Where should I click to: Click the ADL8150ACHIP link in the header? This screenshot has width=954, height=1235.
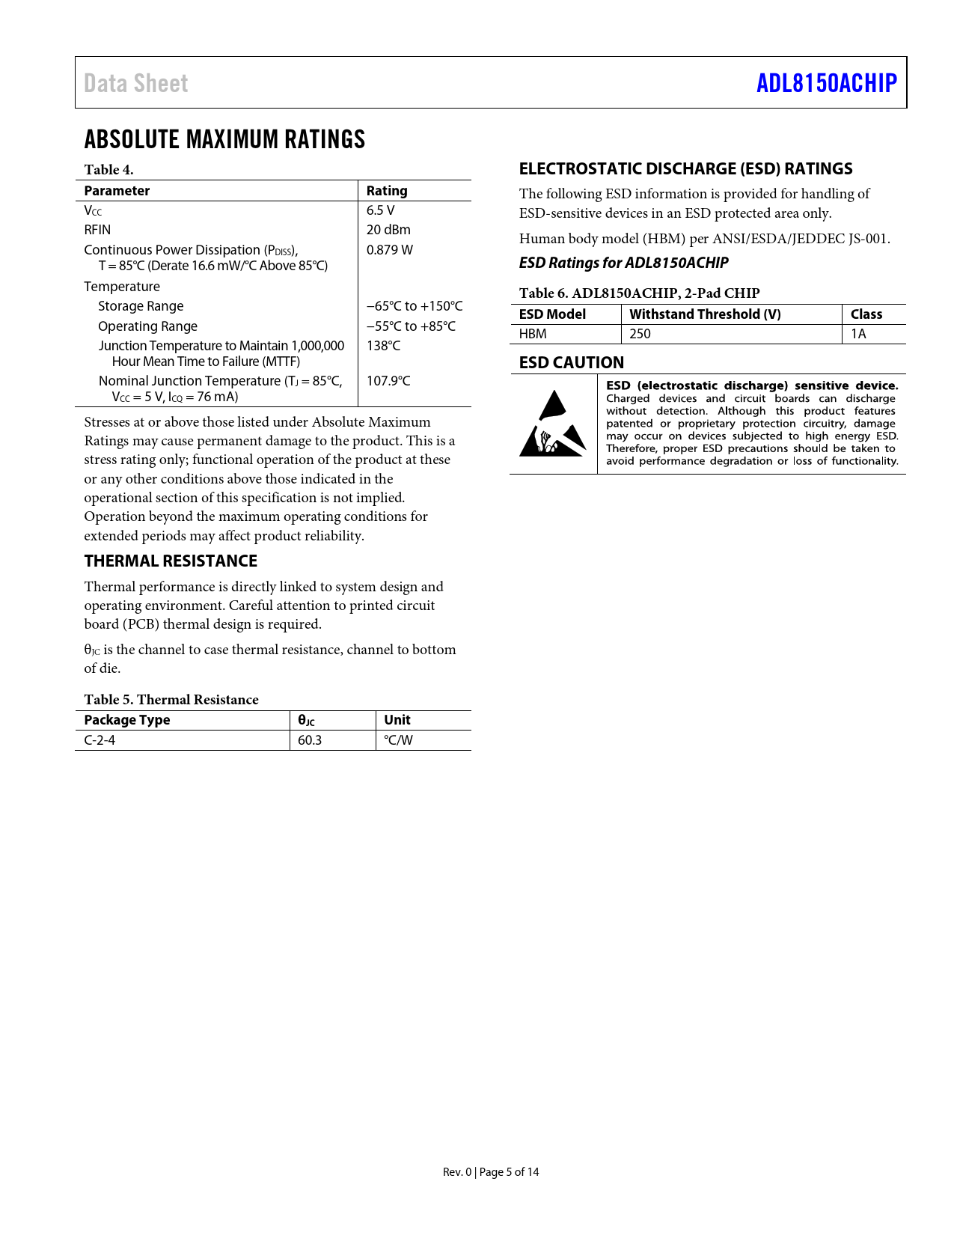[x=826, y=83]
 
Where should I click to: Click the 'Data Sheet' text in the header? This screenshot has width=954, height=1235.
[x=136, y=83]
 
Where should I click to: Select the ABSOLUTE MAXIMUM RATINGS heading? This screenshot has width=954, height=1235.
[x=224, y=139]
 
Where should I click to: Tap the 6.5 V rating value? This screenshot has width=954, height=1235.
[x=380, y=210]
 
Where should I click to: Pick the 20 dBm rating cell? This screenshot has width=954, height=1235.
[x=388, y=230]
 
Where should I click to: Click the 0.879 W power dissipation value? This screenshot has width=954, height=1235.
[x=389, y=250]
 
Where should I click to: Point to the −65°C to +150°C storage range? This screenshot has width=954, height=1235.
[x=415, y=306]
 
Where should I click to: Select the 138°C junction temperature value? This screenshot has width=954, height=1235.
[x=383, y=346]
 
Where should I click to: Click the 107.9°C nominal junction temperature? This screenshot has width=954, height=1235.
[x=388, y=381]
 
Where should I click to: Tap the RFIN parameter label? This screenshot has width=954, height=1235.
[x=97, y=230]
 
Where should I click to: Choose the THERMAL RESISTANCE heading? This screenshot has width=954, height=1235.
[x=171, y=561]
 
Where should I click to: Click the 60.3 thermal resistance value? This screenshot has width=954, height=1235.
[x=310, y=740]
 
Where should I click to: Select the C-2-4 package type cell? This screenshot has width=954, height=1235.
[x=100, y=740]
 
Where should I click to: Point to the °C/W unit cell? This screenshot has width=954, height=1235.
[x=398, y=740]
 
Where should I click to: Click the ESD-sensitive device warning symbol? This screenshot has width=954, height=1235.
[x=553, y=424]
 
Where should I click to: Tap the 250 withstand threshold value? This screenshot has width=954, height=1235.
[x=640, y=334]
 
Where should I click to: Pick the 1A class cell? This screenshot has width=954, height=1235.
[x=858, y=334]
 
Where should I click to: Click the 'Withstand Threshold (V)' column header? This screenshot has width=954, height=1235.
[x=705, y=314]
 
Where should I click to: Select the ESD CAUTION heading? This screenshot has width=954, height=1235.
[x=572, y=363]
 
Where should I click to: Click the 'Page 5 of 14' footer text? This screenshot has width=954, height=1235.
[x=509, y=1172]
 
